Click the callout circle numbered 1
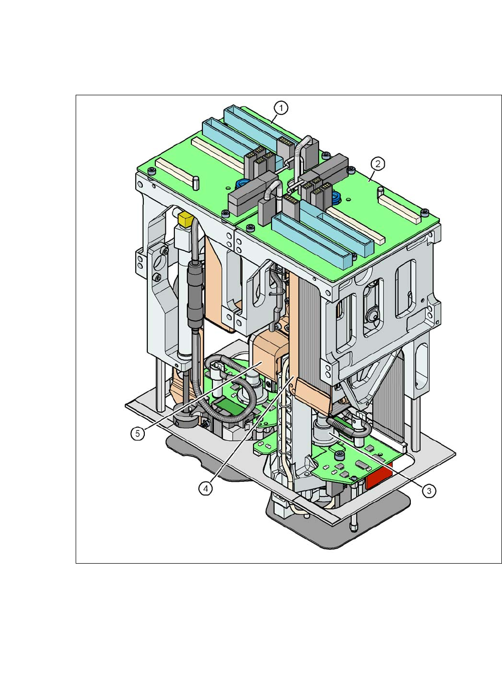coord(281,108)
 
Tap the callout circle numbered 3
coord(429,491)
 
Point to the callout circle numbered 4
coord(205,488)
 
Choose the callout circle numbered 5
coord(137,433)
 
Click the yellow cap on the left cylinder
coord(185,219)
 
